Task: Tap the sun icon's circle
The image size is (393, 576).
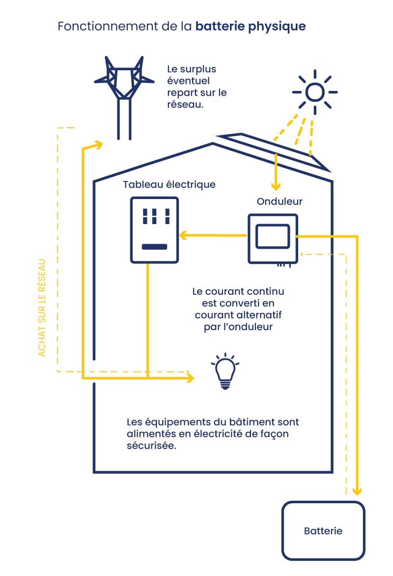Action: pos(314,92)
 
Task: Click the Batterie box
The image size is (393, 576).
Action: pos(323,530)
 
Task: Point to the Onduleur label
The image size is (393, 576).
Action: pos(280,202)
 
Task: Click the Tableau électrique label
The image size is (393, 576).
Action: pos(169,184)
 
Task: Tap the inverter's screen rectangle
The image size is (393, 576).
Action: pos(273,235)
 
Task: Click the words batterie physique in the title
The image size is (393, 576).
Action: pos(251,27)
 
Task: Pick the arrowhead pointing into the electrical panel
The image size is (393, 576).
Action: pos(183,235)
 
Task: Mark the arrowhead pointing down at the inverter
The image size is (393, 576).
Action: pos(276,187)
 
